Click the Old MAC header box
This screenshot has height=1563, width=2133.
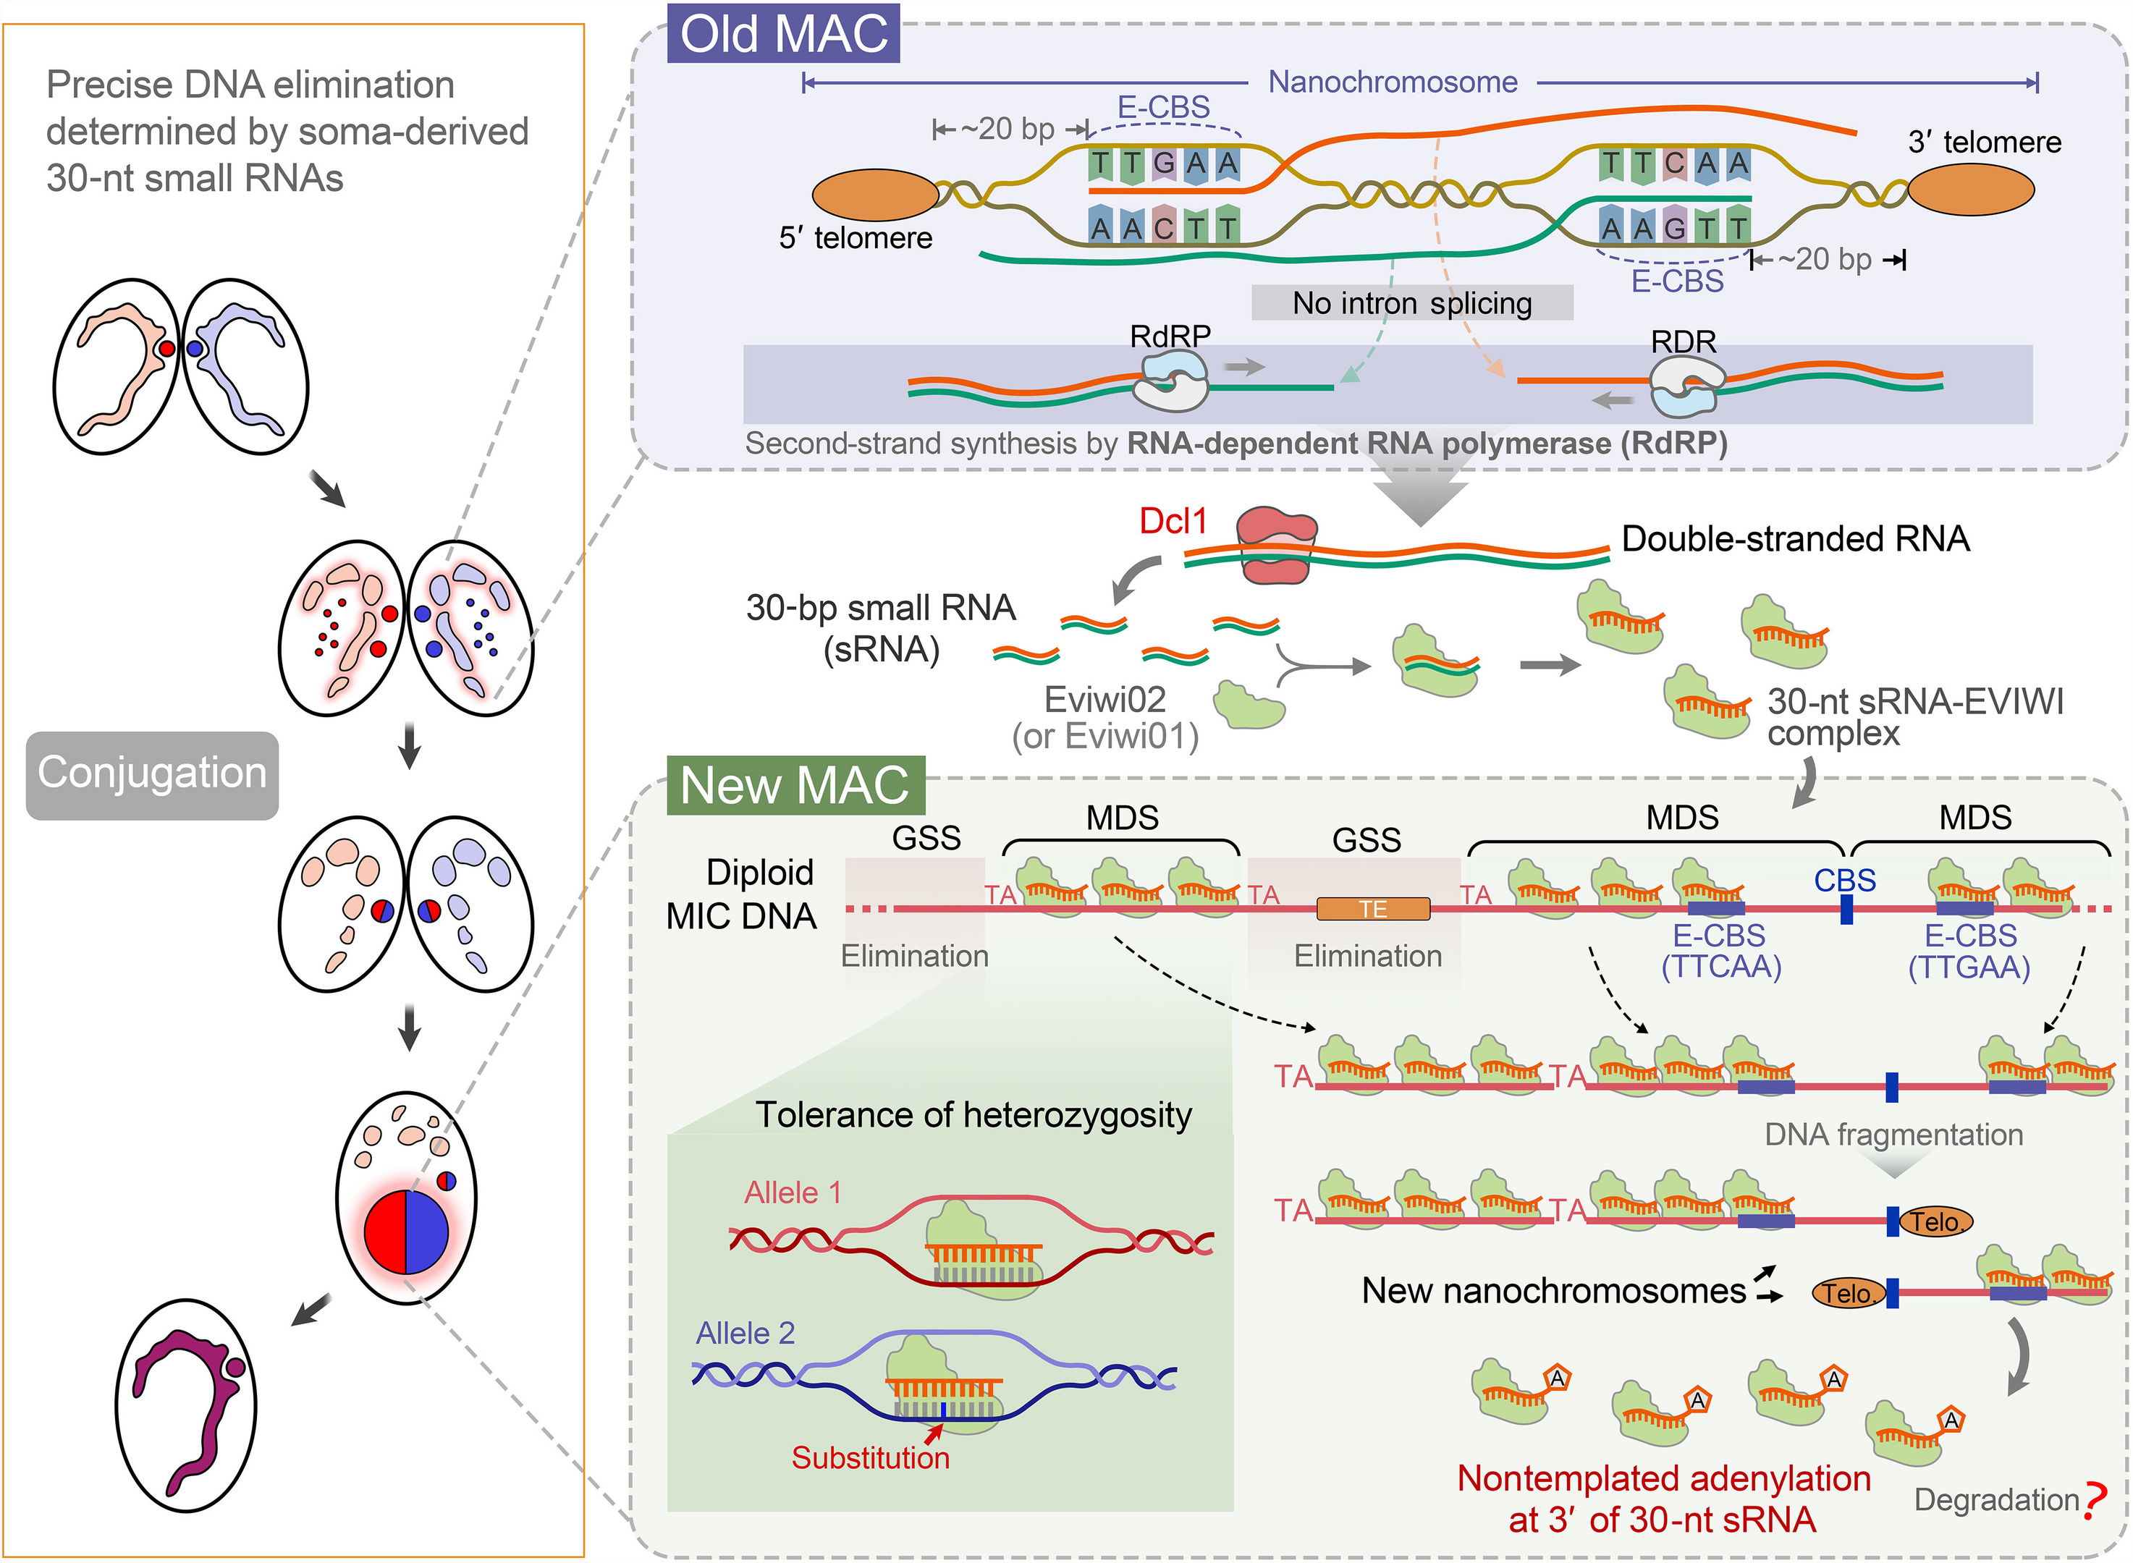pos(784,34)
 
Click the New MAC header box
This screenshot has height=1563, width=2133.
pos(795,785)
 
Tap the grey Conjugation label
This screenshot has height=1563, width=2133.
pos(152,774)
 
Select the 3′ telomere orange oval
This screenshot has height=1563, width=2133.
pos(1970,190)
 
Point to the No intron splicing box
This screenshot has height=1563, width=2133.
pos(1412,302)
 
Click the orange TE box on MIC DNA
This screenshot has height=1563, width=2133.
pos(1373,910)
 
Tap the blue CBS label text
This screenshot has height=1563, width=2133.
pos(1844,881)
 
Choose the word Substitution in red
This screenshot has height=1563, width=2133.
pos(871,1458)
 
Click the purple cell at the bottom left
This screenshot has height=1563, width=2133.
pos(187,1405)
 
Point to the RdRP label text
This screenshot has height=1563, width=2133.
pos(1170,336)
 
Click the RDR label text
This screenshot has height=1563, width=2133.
pos(1684,341)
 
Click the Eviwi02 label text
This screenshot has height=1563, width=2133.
pos(1104,700)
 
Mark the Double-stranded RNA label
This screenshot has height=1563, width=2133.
pos(1795,539)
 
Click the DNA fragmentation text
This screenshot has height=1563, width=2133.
pos(1893,1135)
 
